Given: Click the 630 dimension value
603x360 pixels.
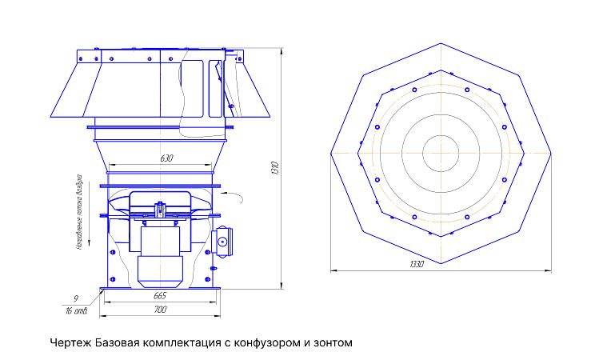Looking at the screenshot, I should tap(166, 158).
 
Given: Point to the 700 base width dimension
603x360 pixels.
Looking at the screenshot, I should tap(159, 309).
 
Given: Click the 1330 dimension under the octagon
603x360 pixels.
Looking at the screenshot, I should tap(417, 264).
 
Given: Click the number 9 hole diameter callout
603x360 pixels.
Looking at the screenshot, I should tap(74, 298).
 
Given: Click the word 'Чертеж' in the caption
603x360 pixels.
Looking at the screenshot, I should tap(70, 343).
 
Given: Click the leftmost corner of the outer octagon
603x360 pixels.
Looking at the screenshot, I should tap(330, 152).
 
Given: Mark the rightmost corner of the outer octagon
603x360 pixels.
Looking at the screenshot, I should tap(552, 152).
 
